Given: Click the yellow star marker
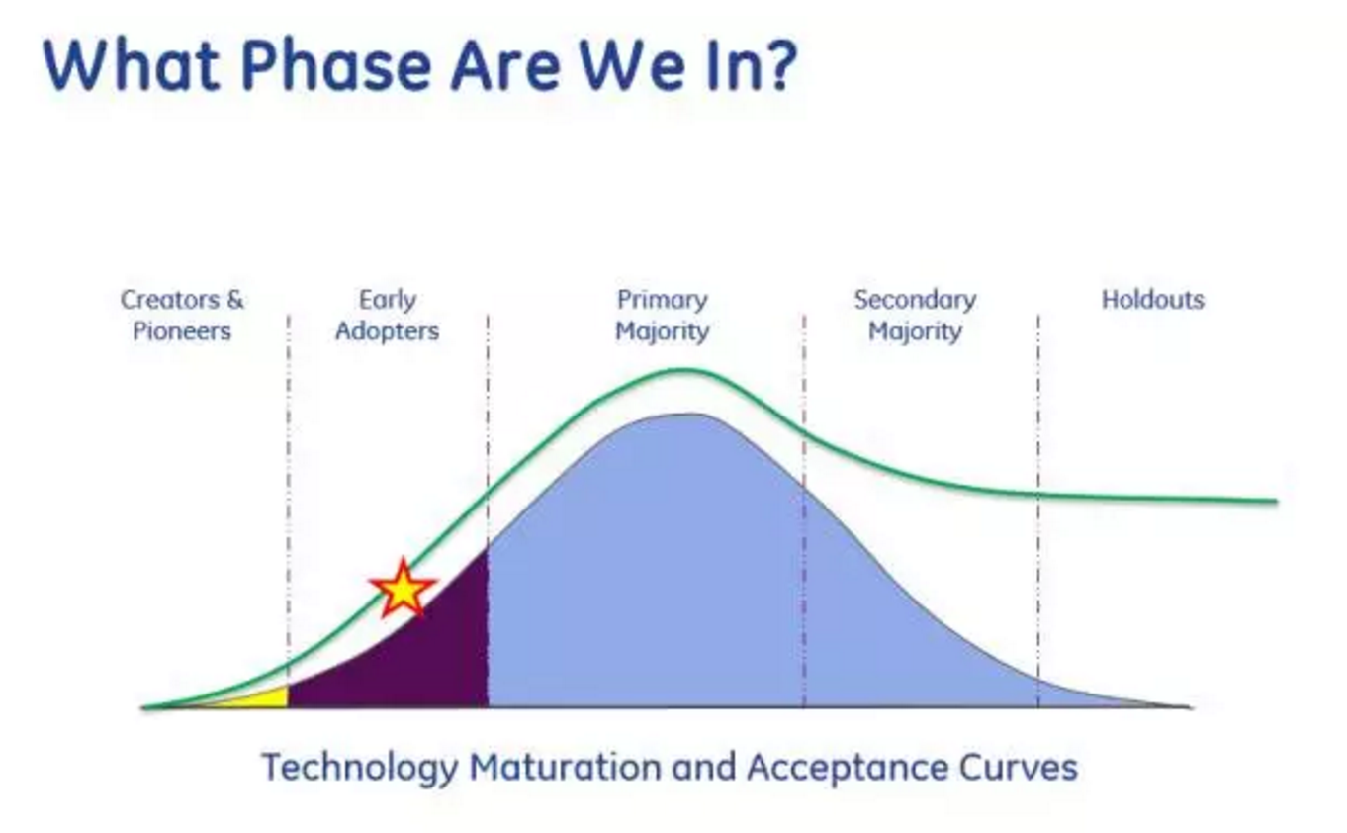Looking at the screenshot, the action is coord(403,589).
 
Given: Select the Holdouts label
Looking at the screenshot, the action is coord(1153,299).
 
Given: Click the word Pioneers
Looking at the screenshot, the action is coord(182,331).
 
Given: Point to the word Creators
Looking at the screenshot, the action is coord(170,299).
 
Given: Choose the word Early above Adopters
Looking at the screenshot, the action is coord(388,300).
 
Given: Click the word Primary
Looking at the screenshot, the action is coord(663,300).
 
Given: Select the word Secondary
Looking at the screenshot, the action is coord(915,300).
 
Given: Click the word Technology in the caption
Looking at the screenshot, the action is coord(360,768).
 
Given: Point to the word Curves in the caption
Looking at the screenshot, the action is coord(1018,767).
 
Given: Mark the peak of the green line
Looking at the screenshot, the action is coord(685,370).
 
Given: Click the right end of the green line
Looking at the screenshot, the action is coord(1276,501).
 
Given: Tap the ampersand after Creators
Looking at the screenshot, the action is coord(235,299).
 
